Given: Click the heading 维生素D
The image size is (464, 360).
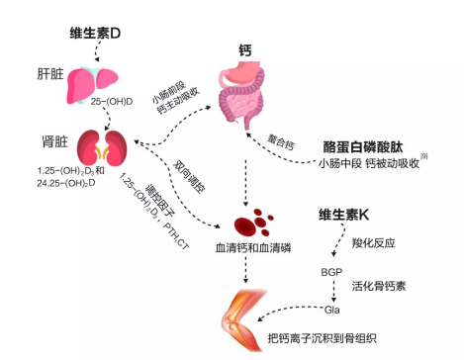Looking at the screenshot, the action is (95, 33).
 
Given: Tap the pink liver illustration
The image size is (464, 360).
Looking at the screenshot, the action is (93, 85).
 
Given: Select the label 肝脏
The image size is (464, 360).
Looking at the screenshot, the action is (50, 74).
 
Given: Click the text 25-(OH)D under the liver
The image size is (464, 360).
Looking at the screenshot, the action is (112, 102).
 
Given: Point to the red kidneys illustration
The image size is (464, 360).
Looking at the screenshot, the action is (102, 148).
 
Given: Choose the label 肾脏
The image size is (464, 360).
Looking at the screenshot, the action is (54, 141).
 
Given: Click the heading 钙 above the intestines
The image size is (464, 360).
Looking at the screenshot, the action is (245, 50).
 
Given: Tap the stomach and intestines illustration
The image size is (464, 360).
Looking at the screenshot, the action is (242, 95).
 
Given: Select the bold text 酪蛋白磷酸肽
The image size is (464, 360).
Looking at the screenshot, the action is (363, 147).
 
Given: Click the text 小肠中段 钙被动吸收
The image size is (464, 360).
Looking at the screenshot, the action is (369, 163).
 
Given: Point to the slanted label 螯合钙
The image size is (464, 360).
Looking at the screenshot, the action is (281, 142).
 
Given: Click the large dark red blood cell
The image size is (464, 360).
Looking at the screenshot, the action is (244, 225).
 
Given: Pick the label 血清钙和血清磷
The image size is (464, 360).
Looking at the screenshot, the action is (253, 247).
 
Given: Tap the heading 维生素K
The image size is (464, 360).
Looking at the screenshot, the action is (343, 215).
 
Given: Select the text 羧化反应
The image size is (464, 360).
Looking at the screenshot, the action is (373, 243).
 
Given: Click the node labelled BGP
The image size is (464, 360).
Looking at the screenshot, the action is (331, 272).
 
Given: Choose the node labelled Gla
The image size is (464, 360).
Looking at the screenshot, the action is (332, 310).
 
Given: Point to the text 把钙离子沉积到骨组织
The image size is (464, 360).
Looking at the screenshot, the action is (323, 338).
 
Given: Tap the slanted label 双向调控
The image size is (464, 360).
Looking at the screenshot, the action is (189, 177).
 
